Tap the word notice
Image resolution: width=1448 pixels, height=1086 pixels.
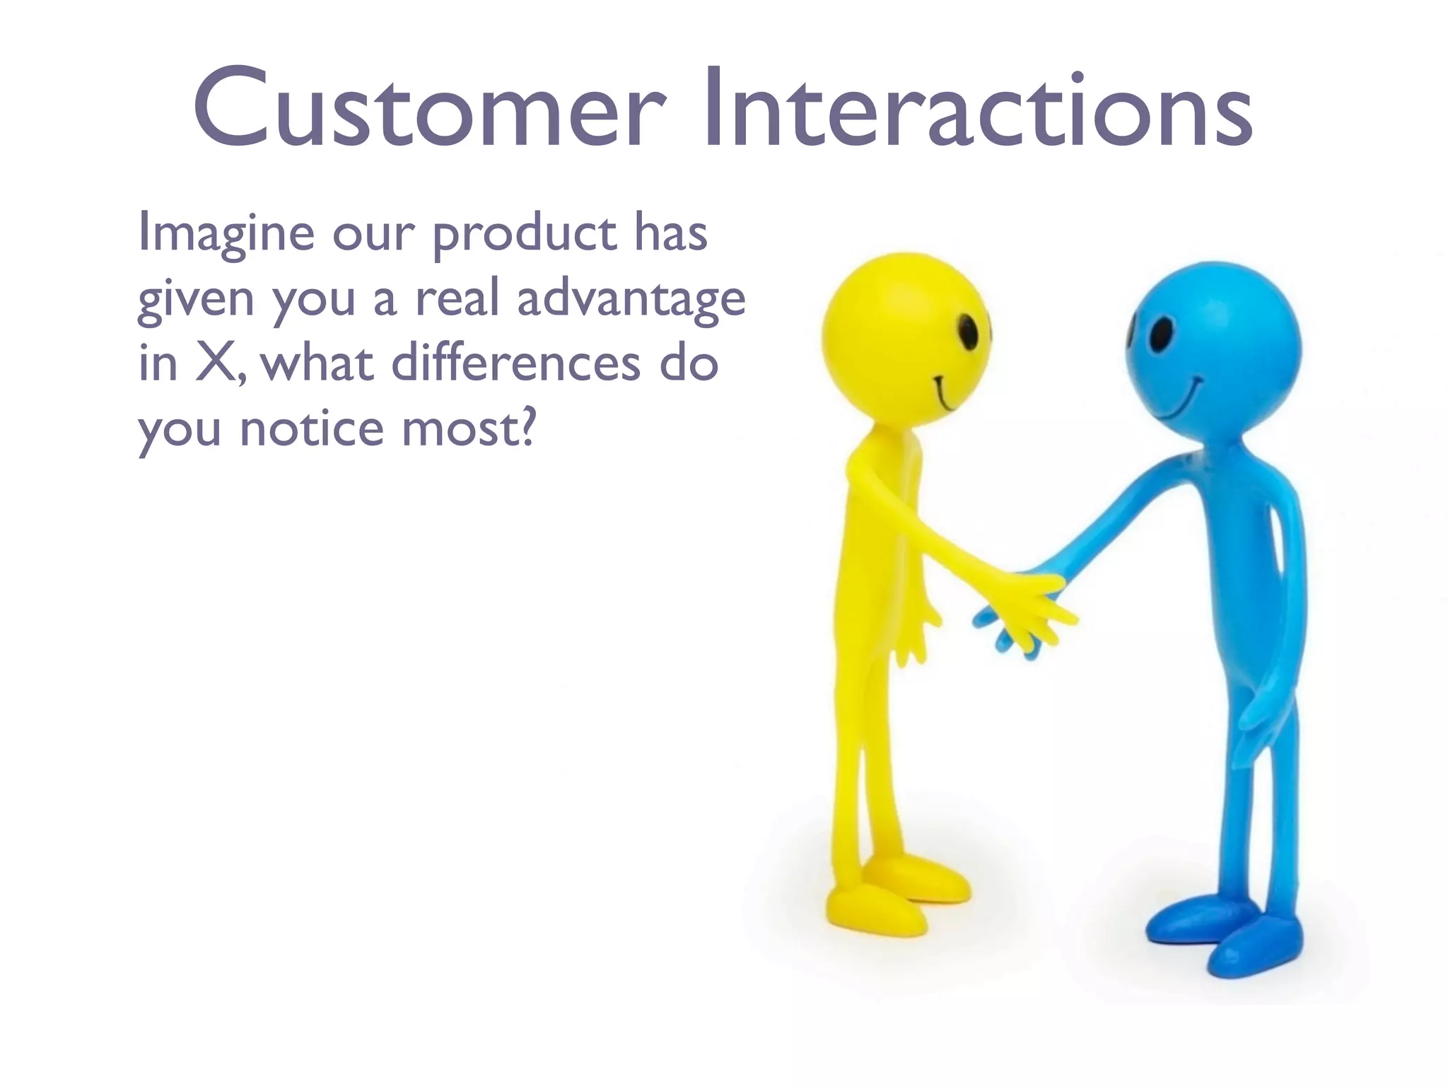(311, 428)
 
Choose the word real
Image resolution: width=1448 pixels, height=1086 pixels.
(457, 298)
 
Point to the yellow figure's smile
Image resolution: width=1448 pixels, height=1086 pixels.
(945, 396)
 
